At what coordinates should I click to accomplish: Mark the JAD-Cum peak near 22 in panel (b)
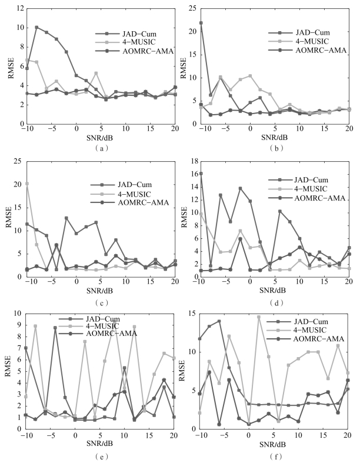tap(201, 23)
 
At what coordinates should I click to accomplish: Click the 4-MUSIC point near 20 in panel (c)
tap(27, 184)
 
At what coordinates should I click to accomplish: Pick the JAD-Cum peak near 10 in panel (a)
tap(36, 27)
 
